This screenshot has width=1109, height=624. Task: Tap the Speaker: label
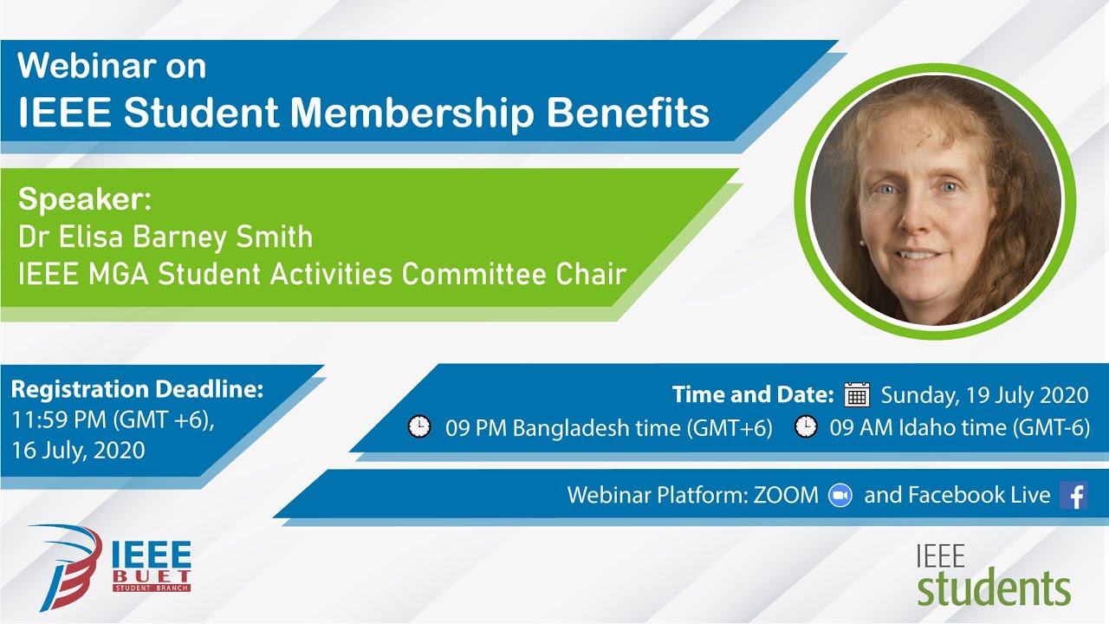85,199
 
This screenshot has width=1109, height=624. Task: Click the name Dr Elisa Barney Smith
165,237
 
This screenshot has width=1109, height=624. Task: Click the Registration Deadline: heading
137,389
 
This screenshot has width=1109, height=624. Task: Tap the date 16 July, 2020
78,450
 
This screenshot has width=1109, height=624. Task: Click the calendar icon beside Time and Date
856,394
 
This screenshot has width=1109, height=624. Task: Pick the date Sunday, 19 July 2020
984,395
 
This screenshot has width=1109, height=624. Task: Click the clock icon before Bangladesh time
419,427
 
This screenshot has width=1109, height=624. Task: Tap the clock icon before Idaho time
806,427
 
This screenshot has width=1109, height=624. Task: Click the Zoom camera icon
840,495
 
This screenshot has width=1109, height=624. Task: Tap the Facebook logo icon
1073,496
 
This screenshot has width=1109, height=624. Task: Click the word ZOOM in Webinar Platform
785,495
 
